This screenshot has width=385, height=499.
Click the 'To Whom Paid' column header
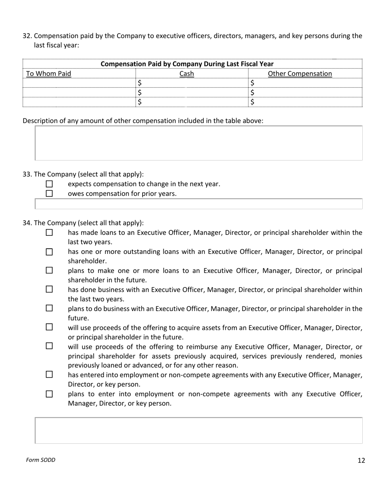tap(49, 74)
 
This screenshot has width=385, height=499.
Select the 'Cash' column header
tap(186, 74)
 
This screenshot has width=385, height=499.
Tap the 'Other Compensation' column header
tap(300, 74)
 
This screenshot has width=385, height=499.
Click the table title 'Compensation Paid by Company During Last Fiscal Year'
tap(187, 64)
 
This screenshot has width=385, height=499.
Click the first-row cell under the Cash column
tap(192, 83)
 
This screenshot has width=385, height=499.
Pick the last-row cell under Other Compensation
tap(305, 102)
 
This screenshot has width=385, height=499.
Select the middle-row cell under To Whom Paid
tap(79, 92)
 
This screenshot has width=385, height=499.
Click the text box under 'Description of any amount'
tap(199, 143)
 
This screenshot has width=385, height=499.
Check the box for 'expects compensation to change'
tap(49, 184)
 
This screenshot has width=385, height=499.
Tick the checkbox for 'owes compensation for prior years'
tap(49, 194)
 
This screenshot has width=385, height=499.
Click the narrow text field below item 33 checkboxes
tap(199, 204)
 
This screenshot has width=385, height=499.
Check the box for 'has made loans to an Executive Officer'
tap(49, 233)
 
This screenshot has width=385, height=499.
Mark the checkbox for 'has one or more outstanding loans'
tap(49, 252)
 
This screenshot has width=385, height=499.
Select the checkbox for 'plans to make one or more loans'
tap(49, 271)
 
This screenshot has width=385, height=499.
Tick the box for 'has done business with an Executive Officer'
tap(49, 290)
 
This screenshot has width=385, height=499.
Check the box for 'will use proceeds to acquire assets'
tap(49, 327)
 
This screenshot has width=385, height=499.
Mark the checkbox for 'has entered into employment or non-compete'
tap(49, 375)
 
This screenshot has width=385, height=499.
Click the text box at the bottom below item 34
tap(199, 430)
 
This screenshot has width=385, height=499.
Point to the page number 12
tap(361, 460)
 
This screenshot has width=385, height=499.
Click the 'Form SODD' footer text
tap(41, 460)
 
